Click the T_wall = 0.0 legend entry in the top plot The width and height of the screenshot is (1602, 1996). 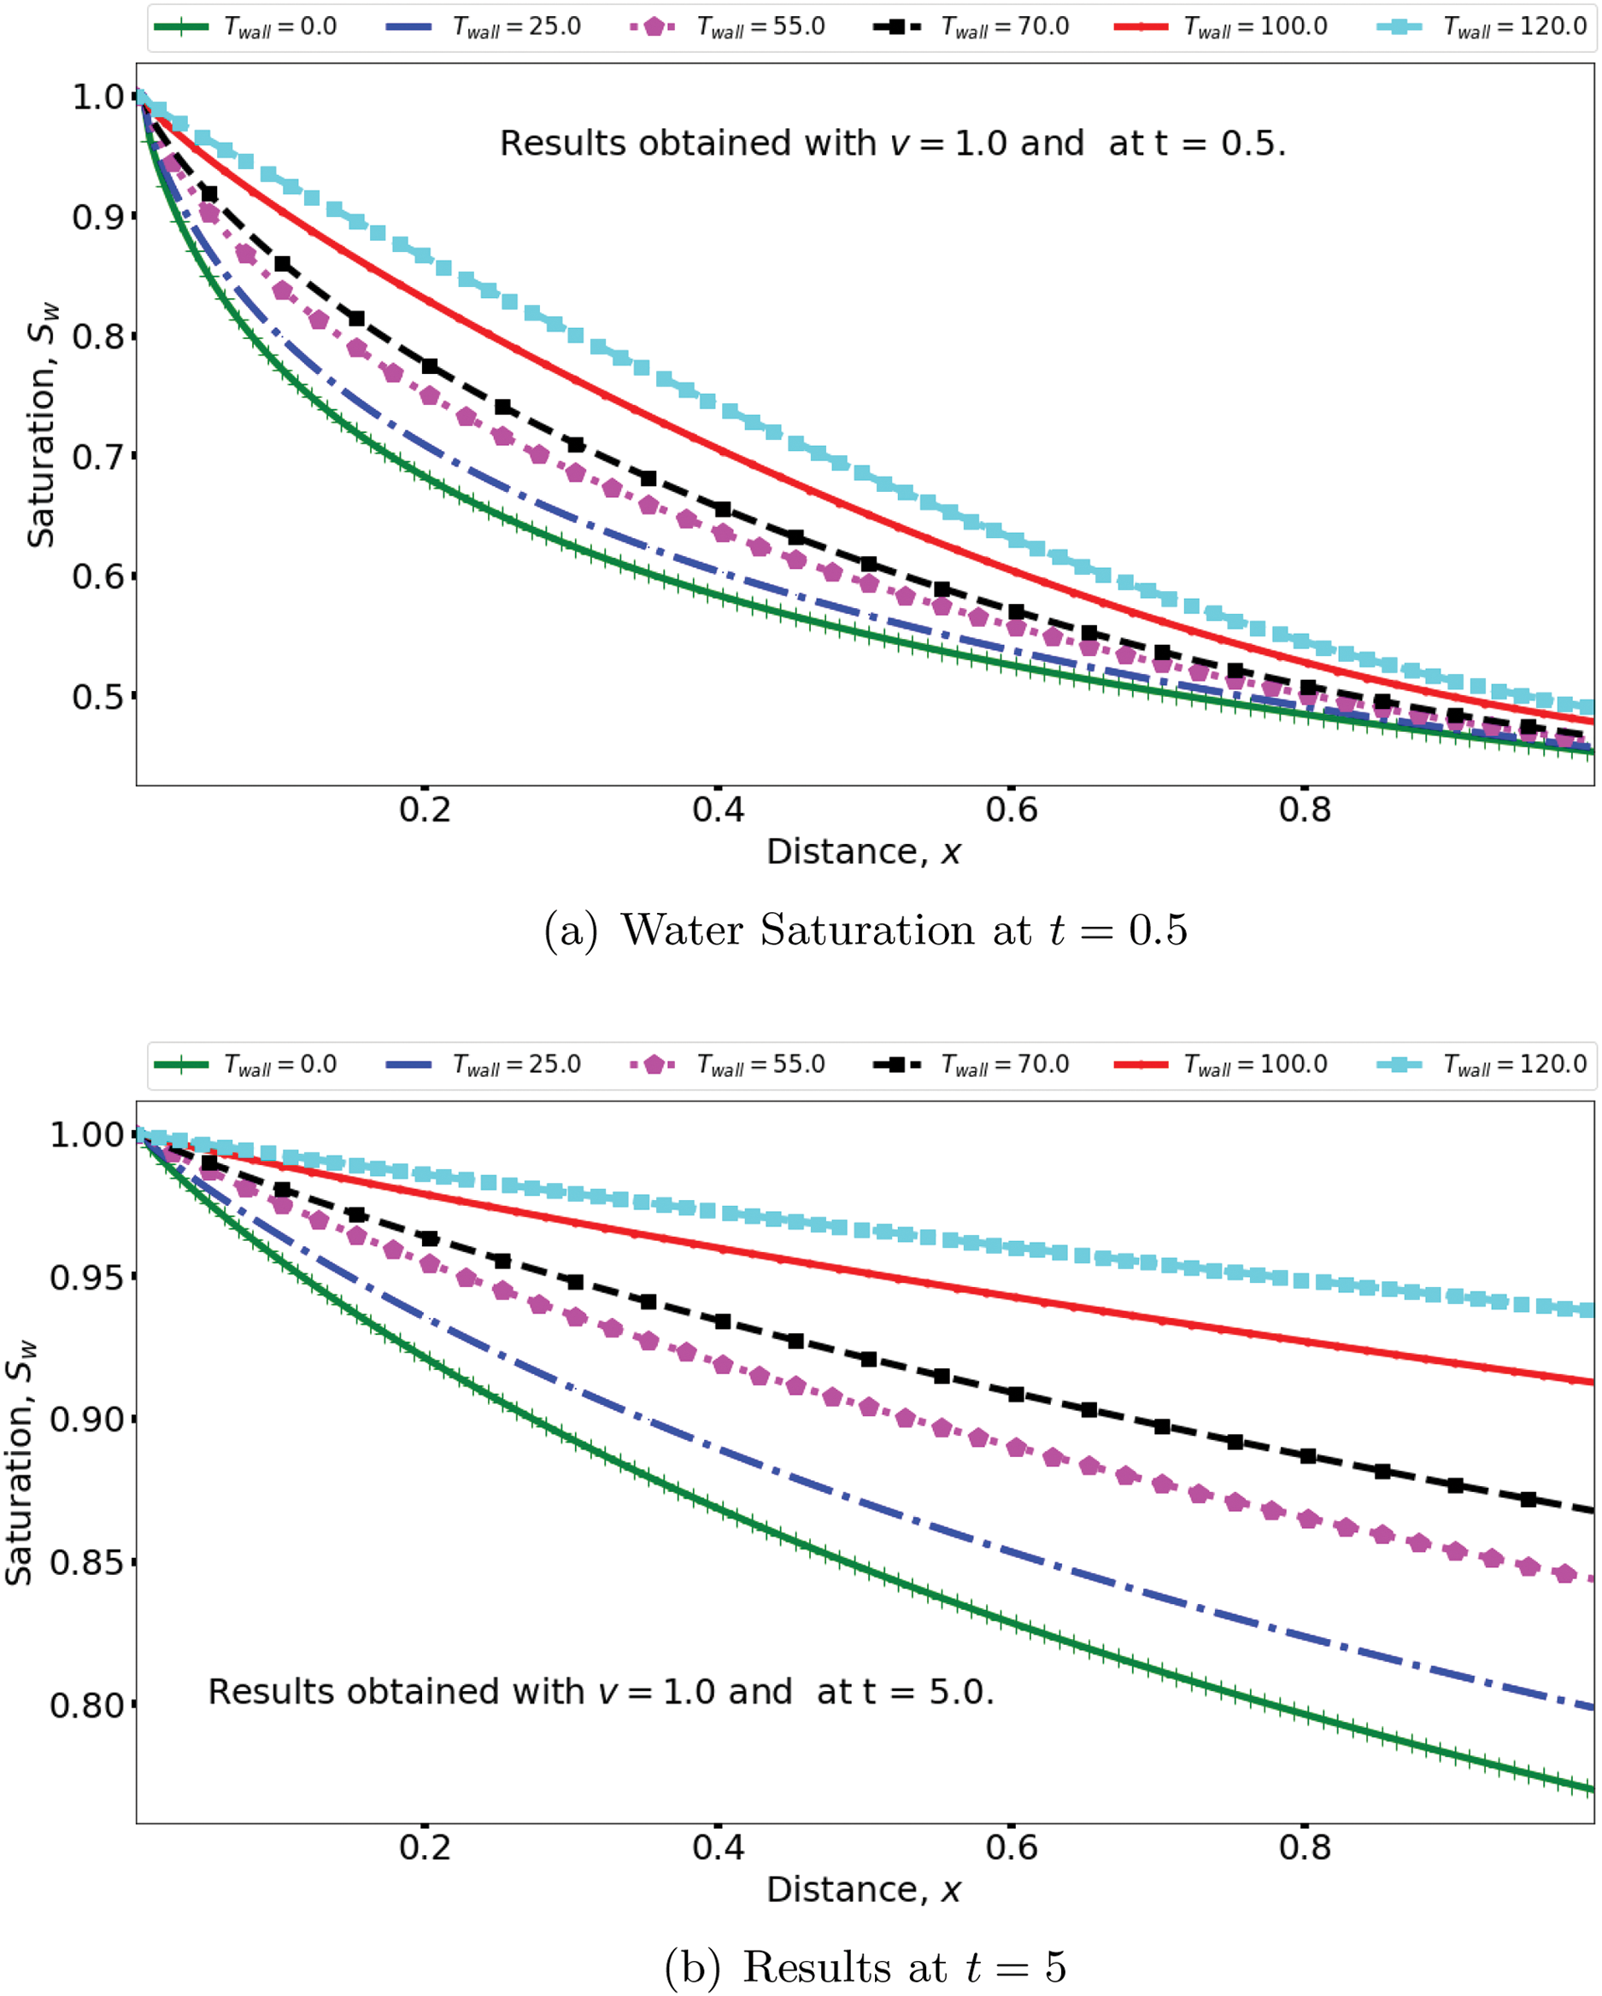click(246, 26)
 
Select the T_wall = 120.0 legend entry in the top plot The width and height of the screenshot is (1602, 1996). click(1482, 26)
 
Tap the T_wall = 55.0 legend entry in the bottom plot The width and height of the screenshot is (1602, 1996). click(728, 1065)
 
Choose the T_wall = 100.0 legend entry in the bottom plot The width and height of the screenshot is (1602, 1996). click(1222, 1065)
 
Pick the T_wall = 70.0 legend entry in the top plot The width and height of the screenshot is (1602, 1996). click(971, 26)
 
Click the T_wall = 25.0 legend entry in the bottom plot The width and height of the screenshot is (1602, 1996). click(484, 1065)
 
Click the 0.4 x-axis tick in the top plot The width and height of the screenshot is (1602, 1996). click(718, 810)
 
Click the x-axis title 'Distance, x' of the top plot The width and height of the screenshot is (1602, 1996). click(864, 852)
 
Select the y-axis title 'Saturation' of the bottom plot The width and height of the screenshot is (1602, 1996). click(21, 1463)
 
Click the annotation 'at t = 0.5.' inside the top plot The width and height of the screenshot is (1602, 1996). click(1196, 143)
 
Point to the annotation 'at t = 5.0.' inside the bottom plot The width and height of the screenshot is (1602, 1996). click(905, 1692)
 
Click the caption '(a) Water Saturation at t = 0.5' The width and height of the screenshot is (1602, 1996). click(865, 930)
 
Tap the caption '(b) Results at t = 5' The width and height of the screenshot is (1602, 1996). click(865, 1968)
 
